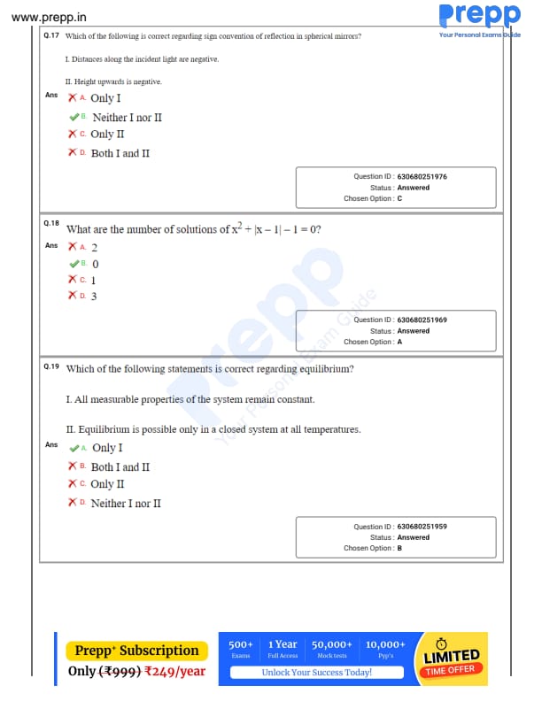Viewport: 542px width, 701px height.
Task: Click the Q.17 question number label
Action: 50,35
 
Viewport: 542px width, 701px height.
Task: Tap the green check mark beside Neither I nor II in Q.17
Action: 74,117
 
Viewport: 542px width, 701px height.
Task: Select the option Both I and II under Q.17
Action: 120,153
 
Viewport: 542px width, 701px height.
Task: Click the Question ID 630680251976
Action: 422,177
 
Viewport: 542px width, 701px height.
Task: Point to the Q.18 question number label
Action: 50,224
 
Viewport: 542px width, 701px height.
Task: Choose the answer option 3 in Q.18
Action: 94,296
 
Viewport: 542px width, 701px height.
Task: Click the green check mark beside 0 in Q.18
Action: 74,264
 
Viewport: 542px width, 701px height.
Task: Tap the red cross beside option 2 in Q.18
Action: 73,247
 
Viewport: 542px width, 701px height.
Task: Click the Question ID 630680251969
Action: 422,320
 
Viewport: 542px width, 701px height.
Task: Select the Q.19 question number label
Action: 50,366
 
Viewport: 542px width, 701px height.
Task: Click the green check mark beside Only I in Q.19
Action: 74,448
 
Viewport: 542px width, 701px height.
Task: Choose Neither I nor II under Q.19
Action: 126,504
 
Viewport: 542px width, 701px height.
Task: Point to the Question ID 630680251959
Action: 422,527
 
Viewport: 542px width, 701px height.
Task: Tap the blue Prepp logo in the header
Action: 478,16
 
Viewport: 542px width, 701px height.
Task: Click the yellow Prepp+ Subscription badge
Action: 136,651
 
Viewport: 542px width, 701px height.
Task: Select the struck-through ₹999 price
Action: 118,671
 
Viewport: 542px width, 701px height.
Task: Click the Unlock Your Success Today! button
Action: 316,673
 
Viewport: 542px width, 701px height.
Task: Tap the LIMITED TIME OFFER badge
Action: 451,659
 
